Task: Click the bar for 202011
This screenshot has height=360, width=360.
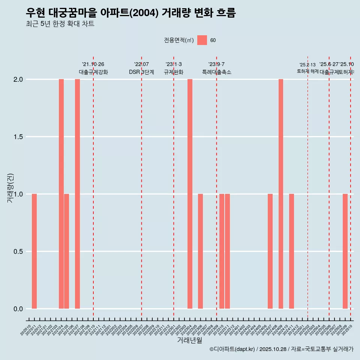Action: pyautogui.click(x=34, y=251)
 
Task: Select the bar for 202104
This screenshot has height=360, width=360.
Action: pyautogui.click(x=61, y=194)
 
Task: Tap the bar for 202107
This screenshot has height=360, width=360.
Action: pyautogui.click(x=77, y=194)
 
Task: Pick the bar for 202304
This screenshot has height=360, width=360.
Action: pyautogui.click(x=190, y=194)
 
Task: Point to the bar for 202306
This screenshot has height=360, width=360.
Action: pyautogui.click(x=201, y=251)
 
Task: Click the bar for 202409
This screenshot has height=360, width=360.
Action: pyautogui.click(x=281, y=194)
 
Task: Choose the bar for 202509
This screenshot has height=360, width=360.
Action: pyautogui.click(x=345, y=251)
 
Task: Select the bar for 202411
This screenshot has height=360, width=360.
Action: pyautogui.click(x=291, y=251)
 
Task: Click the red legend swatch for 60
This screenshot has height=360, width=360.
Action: pyautogui.click(x=202, y=40)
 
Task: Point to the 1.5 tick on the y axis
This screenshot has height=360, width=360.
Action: pyautogui.click(x=17, y=137)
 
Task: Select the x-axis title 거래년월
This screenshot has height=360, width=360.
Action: pyautogui.click(x=189, y=340)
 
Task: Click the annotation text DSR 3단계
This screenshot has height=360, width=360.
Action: pyautogui.click(x=141, y=72)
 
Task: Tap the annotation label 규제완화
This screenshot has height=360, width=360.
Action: pyautogui.click(x=174, y=72)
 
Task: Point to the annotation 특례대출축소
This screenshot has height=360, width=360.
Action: pyautogui.click(x=216, y=72)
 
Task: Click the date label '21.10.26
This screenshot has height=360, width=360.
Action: pyautogui.click(x=93, y=64)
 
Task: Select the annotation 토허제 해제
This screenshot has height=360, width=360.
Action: pyautogui.click(x=307, y=71)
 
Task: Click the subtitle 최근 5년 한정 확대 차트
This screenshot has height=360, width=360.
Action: pyautogui.click(x=60, y=24)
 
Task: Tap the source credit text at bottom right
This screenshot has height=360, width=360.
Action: pyautogui.click(x=281, y=349)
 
